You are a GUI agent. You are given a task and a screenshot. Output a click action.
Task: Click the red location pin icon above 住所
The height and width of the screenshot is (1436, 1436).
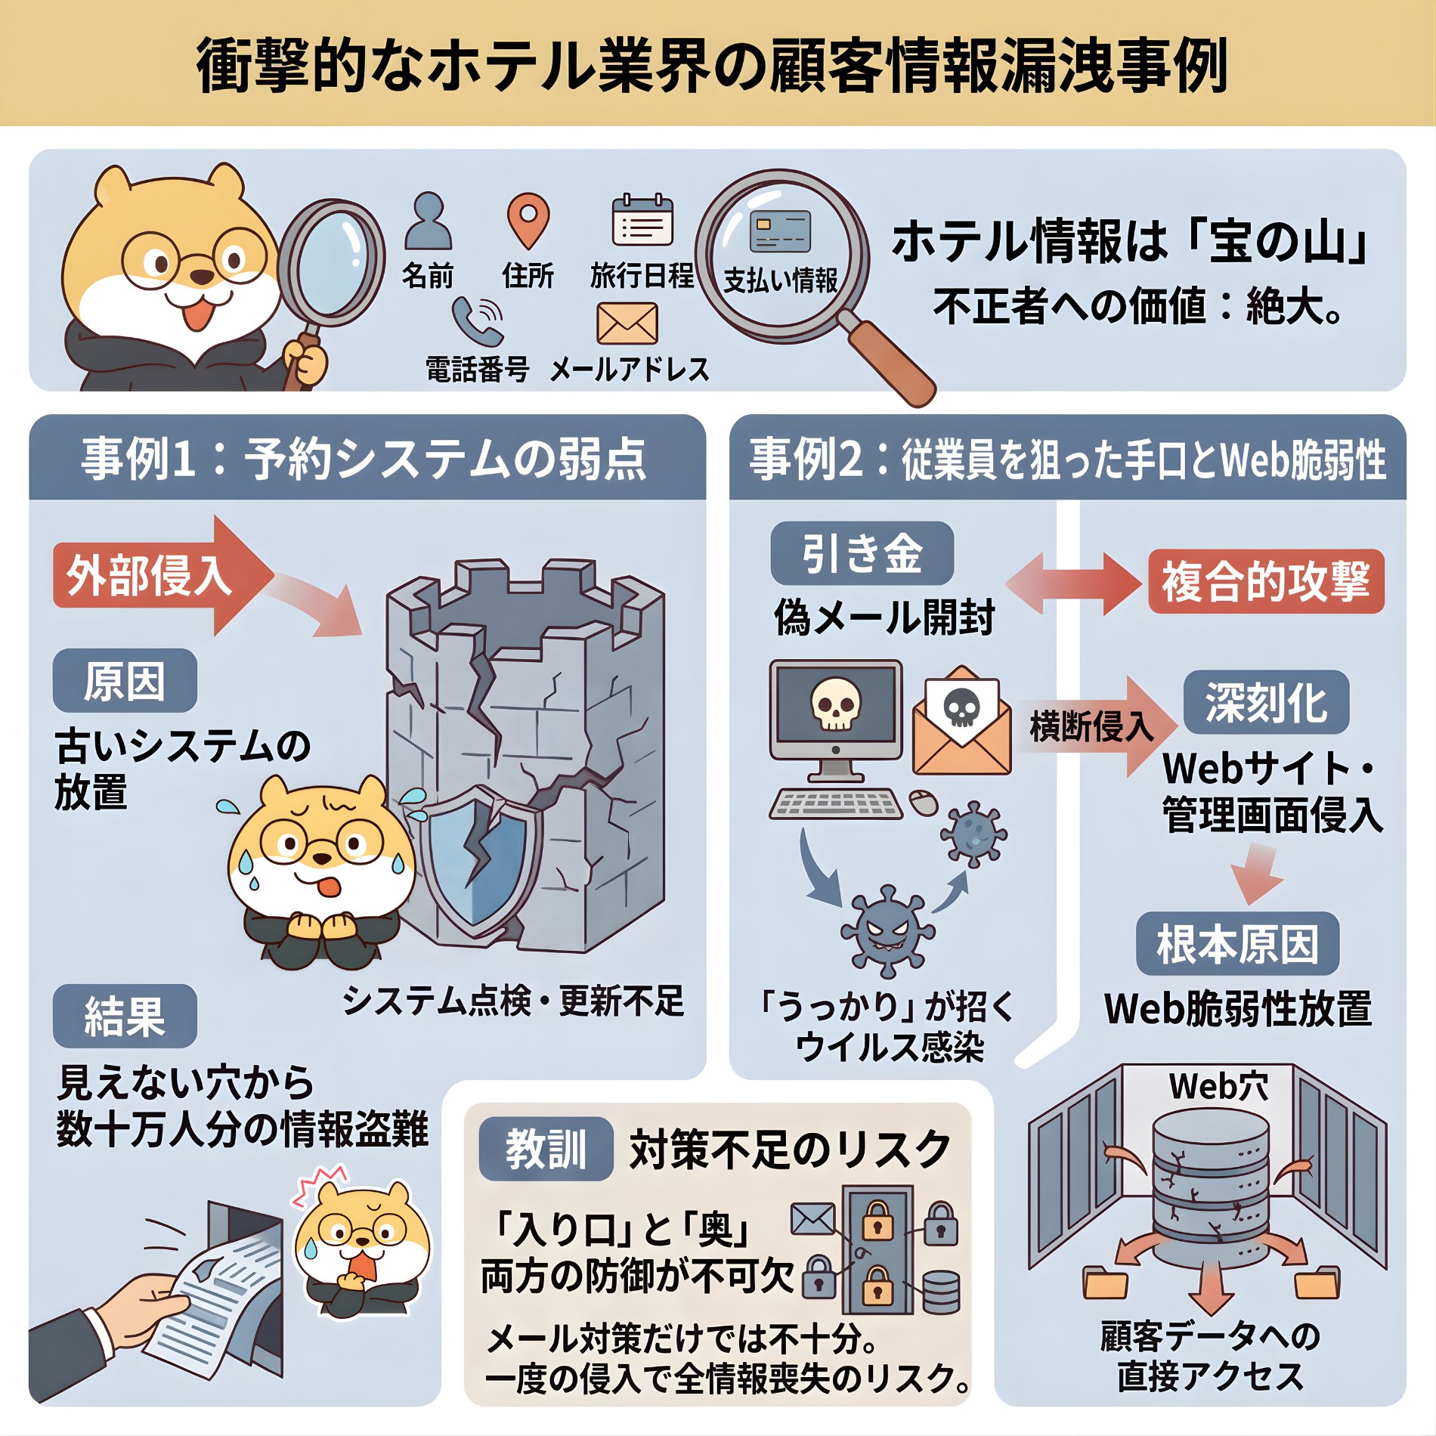tap(528, 219)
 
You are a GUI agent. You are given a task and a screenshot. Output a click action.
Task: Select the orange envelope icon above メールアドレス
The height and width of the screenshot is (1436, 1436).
tap(627, 324)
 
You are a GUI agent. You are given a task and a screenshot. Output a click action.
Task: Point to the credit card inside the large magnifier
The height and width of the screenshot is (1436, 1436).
tap(781, 231)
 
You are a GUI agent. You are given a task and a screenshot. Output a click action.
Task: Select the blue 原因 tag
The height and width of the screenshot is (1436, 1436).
tap(125, 680)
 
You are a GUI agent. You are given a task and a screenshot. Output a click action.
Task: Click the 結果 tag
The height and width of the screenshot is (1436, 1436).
tap(125, 1016)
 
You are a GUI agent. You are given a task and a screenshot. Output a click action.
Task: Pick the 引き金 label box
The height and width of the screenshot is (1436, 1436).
tap(862, 553)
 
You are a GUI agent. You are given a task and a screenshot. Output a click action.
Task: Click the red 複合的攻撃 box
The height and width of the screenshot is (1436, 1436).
tap(1266, 581)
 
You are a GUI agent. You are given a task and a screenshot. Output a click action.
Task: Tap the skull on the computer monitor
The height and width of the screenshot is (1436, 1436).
tap(835, 703)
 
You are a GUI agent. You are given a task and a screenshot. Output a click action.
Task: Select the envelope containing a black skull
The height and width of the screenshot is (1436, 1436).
tap(961, 722)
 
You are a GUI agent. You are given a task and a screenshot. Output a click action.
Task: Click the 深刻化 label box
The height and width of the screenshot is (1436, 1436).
tap(1266, 702)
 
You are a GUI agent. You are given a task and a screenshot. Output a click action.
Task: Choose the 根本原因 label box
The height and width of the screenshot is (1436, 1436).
tap(1237, 944)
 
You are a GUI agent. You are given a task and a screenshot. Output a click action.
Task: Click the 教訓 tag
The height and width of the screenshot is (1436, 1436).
tap(546, 1149)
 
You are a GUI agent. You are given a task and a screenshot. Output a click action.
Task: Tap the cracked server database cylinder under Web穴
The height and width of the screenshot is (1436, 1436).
tap(1210, 1187)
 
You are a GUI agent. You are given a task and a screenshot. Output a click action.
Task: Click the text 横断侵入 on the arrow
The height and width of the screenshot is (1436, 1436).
tap(1091, 726)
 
